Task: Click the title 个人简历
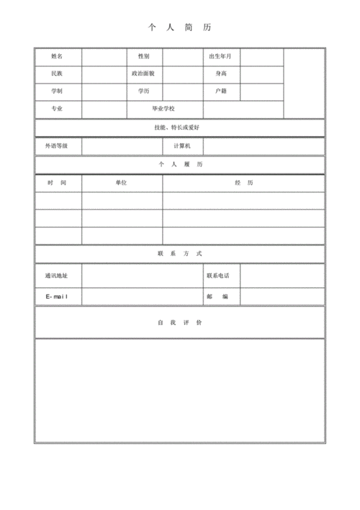pyautogui.click(x=180, y=27)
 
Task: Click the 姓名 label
pyautogui.click(x=57, y=56)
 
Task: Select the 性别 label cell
pyautogui.click(x=143, y=56)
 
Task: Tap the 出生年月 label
pyautogui.click(x=221, y=56)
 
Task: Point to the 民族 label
pyautogui.click(x=57, y=73)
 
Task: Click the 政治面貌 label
pyautogui.click(x=143, y=73)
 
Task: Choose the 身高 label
pyautogui.click(x=221, y=73)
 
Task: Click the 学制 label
pyautogui.click(x=57, y=91)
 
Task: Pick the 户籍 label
pyautogui.click(x=221, y=91)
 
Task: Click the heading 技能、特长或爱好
pyautogui.click(x=180, y=127)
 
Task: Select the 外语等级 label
pyautogui.click(x=57, y=146)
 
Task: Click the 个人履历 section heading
pyautogui.click(x=180, y=165)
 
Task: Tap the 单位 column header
pyautogui.click(x=121, y=183)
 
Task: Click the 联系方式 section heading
pyautogui.click(x=180, y=254)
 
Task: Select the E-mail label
pyautogui.click(x=57, y=297)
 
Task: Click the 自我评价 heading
pyautogui.click(x=180, y=322)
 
